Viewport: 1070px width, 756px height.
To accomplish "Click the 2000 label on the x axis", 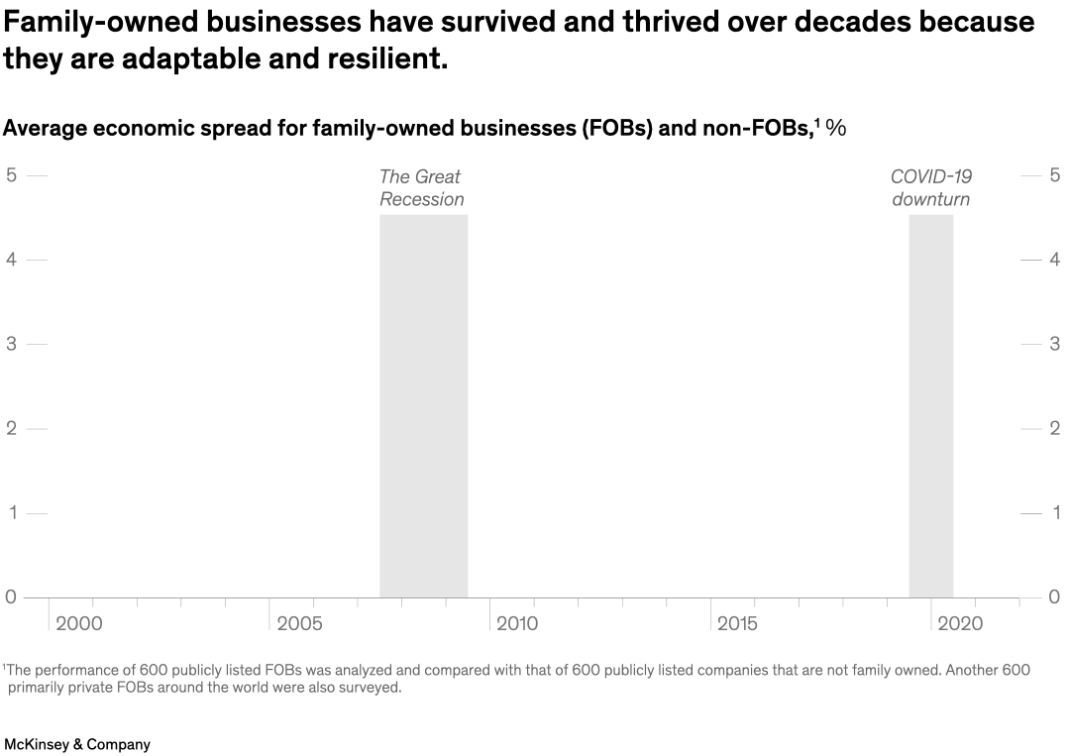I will [x=78, y=623].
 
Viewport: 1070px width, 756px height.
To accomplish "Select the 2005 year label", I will [x=299, y=623].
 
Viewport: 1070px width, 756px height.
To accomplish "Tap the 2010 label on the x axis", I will [x=517, y=623].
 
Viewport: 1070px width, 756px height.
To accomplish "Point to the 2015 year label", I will [x=737, y=623].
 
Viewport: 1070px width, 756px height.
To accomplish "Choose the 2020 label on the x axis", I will [x=960, y=623].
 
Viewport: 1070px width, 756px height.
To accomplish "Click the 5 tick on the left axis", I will [x=11, y=175].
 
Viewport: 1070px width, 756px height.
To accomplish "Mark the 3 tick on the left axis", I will [x=11, y=344].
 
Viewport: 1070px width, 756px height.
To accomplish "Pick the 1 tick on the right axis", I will [x=1056, y=513].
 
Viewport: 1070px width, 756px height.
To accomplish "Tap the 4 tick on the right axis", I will [x=1056, y=260].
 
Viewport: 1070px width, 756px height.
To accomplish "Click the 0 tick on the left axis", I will [x=11, y=596].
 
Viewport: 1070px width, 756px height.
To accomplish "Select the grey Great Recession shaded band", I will [x=423, y=405].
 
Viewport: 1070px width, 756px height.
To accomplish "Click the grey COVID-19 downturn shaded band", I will [x=930, y=405].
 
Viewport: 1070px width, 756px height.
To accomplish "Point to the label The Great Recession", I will [x=421, y=188].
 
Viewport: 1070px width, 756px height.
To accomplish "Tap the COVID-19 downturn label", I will [x=930, y=188].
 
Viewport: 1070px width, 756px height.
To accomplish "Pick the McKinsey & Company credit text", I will [x=77, y=744].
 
